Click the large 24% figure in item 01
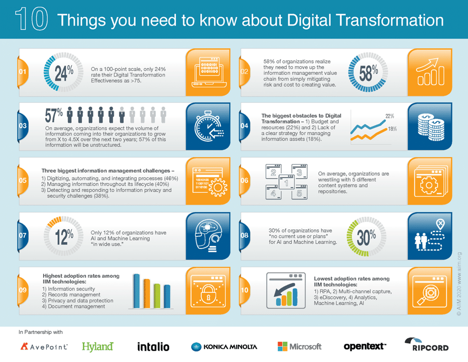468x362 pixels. click(x=64, y=73)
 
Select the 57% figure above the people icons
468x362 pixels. click(x=54, y=114)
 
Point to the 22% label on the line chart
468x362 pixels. click(x=389, y=116)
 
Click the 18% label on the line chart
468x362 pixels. click(x=393, y=129)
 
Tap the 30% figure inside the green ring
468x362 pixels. click(x=367, y=237)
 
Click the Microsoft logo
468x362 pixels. click(x=300, y=346)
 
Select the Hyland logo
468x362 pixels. click(x=98, y=346)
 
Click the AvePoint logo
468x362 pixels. click(x=43, y=346)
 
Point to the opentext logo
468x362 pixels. click(x=365, y=346)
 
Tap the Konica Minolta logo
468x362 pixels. click(x=224, y=346)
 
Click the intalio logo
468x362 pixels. click(x=153, y=346)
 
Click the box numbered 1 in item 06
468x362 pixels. click(x=285, y=183)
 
